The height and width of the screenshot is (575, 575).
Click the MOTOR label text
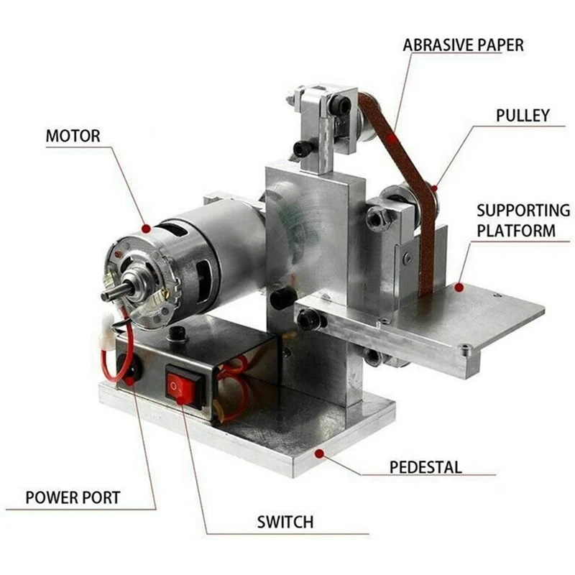point(73,135)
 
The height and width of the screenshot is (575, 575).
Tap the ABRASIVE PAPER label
point(463,45)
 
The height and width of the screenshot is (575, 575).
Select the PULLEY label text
point(523,115)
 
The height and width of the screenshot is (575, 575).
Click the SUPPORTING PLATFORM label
point(523,221)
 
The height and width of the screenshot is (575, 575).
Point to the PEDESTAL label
point(425,467)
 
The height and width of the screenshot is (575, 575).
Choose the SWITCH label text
point(285,522)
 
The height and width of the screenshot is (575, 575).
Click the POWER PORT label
point(73,497)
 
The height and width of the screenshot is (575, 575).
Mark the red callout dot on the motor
point(146,229)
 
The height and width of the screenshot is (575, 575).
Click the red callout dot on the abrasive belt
point(392,134)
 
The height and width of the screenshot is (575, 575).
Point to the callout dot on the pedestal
point(320,454)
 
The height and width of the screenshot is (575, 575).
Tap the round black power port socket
point(132,371)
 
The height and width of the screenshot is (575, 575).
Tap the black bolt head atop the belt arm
point(340,106)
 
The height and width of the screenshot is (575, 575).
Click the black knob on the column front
point(282,298)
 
